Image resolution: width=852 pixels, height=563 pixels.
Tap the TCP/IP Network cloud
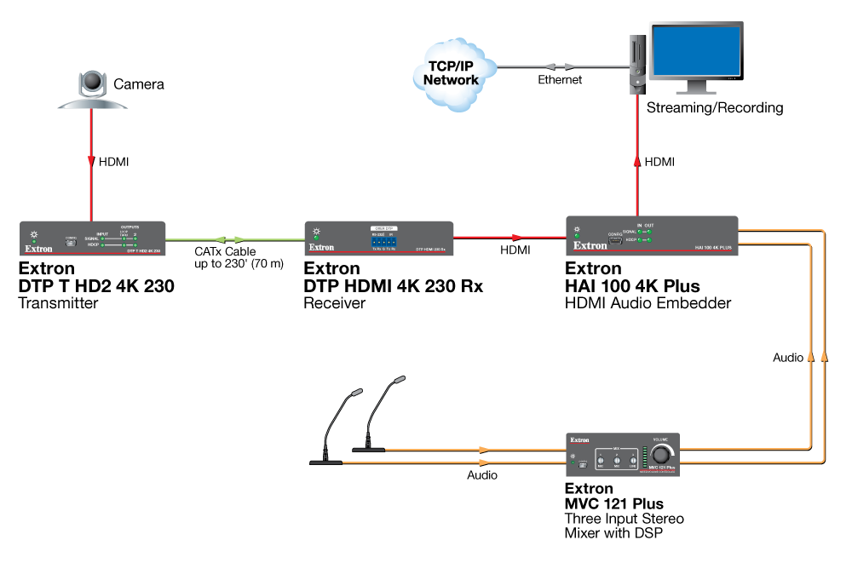[x=451, y=72]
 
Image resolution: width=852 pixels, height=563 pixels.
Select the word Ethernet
[x=560, y=80]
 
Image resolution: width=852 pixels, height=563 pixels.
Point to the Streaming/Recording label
[x=714, y=108]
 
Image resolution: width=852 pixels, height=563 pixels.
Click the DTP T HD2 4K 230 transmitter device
[x=91, y=238]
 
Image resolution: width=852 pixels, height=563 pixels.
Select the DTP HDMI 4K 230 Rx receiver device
[x=377, y=238]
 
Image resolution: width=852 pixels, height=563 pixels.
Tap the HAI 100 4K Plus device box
[x=652, y=236]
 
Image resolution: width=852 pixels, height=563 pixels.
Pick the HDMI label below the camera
[x=116, y=161]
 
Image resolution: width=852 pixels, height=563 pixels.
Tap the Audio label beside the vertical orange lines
[x=788, y=358]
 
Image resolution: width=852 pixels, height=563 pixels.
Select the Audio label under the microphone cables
[x=481, y=475]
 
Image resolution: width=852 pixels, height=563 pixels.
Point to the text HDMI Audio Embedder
[x=648, y=303]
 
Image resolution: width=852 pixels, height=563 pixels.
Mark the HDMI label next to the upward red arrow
[x=661, y=161]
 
